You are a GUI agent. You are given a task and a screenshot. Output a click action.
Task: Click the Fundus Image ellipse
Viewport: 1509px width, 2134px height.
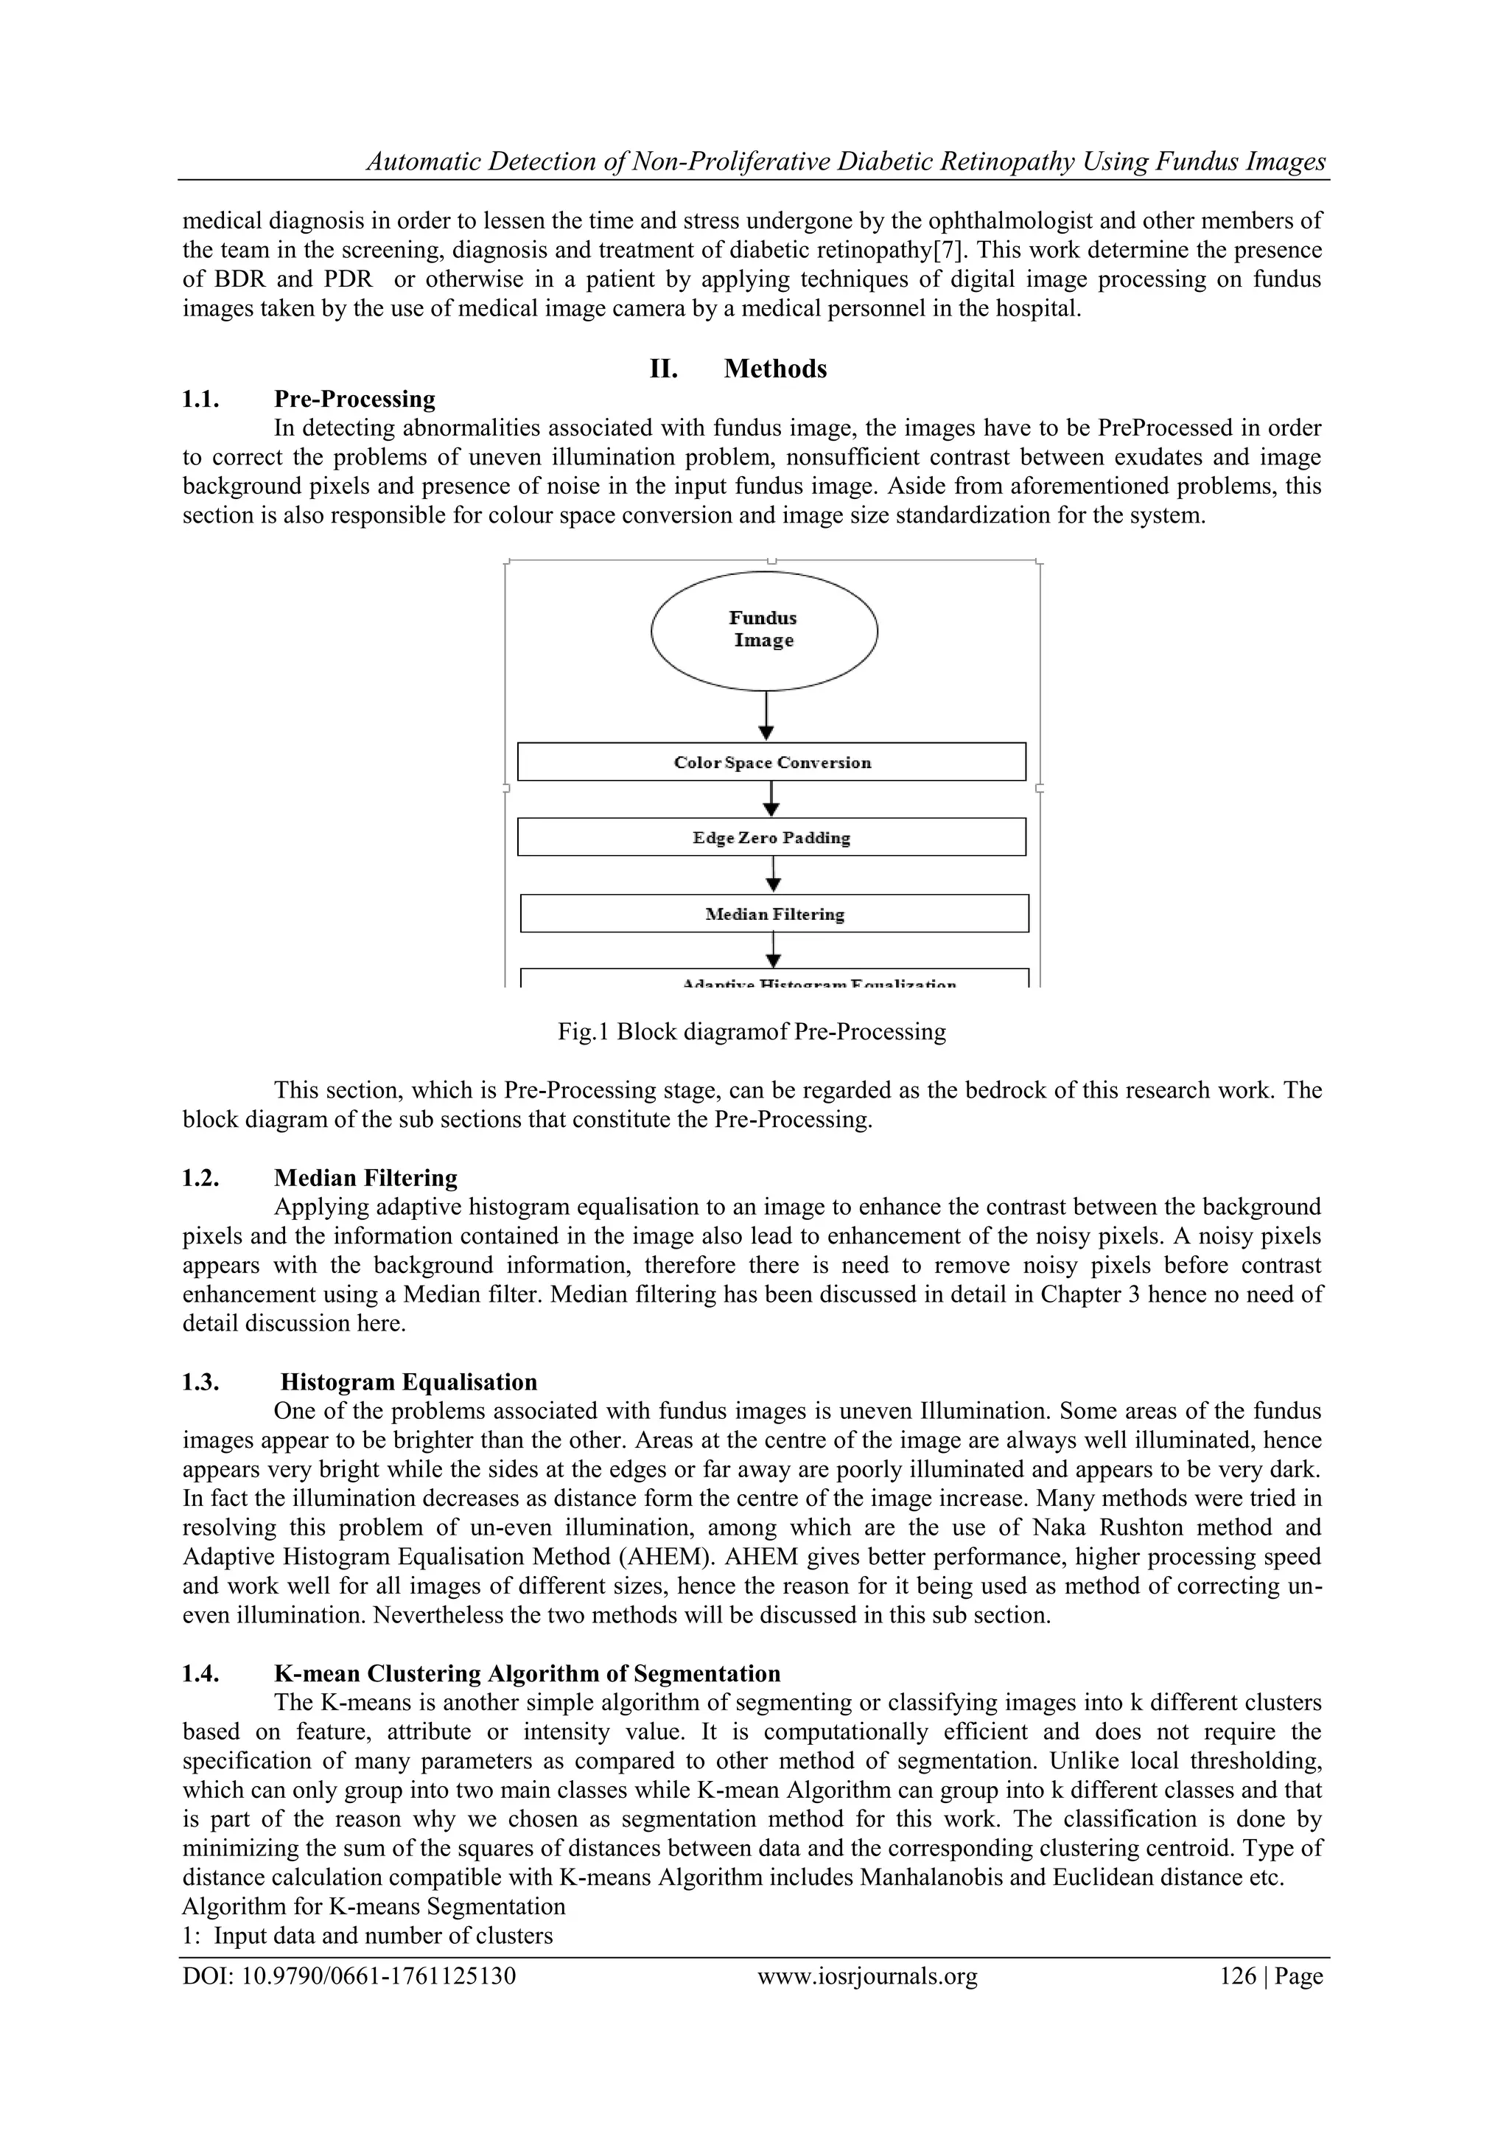(764, 630)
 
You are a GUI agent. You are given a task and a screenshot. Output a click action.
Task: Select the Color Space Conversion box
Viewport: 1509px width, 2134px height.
(771, 762)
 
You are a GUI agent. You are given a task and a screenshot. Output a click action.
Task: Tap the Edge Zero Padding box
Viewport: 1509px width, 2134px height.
(771, 837)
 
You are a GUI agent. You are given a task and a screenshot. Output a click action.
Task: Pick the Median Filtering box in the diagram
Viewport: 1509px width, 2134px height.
(774, 913)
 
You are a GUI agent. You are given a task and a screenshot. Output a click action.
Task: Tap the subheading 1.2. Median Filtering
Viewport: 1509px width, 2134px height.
(365, 1178)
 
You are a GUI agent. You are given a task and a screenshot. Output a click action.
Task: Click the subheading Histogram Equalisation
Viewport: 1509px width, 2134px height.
(409, 1381)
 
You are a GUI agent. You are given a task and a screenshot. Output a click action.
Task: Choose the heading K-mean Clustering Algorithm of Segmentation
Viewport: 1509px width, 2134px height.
(527, 1673)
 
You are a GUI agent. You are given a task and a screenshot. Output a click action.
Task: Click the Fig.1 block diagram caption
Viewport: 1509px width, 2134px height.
(752, 1032)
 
